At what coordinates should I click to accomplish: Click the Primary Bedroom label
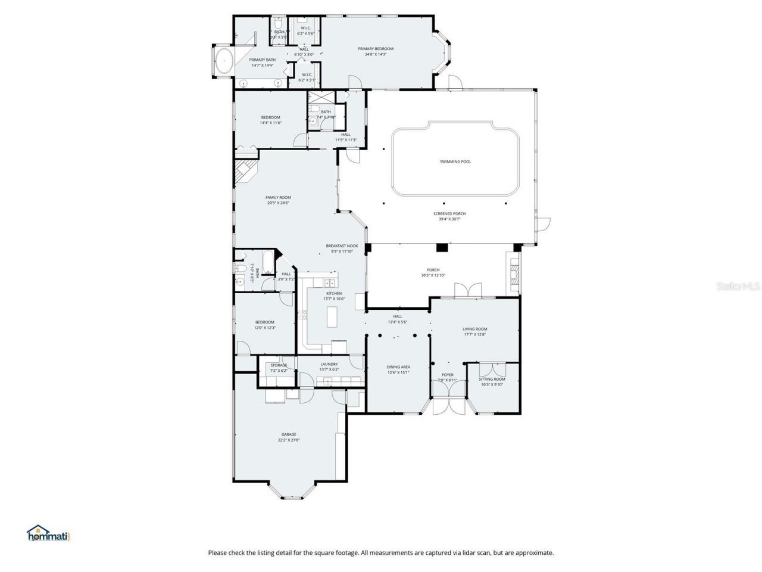[375, 49]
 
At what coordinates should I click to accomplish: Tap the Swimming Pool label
[455, 161]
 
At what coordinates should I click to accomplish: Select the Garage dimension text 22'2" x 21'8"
[288, 440]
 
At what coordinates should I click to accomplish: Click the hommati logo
[49, 533]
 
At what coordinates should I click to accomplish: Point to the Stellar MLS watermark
[738, 287]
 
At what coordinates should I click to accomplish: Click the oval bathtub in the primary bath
[224, 61]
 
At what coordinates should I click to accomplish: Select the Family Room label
[278, 197]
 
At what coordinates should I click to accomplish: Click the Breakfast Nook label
[342, 246]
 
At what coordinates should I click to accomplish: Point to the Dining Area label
[398, 367]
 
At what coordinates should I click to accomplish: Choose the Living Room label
[474, 329]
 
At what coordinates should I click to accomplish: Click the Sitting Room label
[492, 379]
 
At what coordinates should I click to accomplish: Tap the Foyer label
[446, 375]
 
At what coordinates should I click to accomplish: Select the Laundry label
[329, 364]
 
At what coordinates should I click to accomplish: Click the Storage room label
[279, 365]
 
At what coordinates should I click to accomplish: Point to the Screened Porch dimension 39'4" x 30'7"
[449, 219]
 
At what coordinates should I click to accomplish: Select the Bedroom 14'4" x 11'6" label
[270, 117]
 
